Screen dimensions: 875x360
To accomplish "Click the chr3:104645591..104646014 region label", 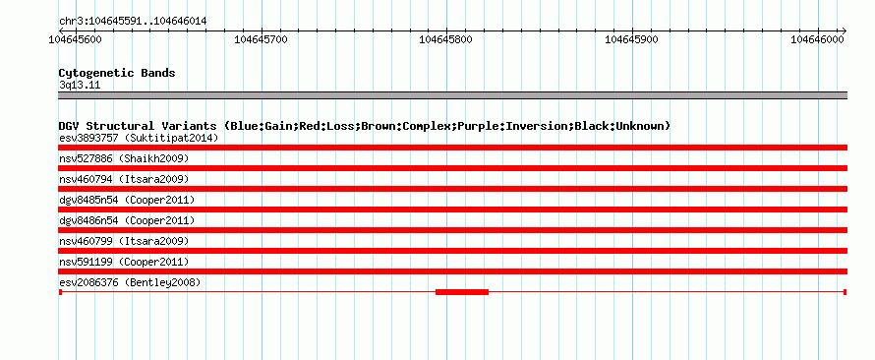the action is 133,22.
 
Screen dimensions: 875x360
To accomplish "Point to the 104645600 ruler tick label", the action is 75,39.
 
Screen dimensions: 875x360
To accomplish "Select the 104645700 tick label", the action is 262,39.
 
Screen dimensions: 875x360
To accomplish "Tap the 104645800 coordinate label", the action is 446,39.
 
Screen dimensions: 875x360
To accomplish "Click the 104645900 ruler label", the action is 632,39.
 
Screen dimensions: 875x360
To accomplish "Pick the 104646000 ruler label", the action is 817,39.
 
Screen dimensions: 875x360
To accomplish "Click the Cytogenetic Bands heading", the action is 117,73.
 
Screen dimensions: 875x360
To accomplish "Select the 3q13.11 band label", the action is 80,86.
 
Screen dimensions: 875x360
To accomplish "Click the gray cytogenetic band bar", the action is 452,95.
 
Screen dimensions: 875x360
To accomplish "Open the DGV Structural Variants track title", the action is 365,126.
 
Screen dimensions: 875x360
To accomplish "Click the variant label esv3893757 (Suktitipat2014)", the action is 139,138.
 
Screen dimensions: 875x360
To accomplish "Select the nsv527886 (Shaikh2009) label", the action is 124,158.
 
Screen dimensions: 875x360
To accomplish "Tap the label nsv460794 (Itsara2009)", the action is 124,179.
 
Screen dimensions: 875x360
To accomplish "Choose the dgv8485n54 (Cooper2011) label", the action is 127,200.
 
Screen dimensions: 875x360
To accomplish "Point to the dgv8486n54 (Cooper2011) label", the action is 127,220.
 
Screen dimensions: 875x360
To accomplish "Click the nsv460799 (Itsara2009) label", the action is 124,241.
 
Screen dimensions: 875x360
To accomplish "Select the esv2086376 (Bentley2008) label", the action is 130,282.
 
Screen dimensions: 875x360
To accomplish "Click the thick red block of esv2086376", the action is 462,292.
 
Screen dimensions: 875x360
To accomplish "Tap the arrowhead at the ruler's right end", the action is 844,30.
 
